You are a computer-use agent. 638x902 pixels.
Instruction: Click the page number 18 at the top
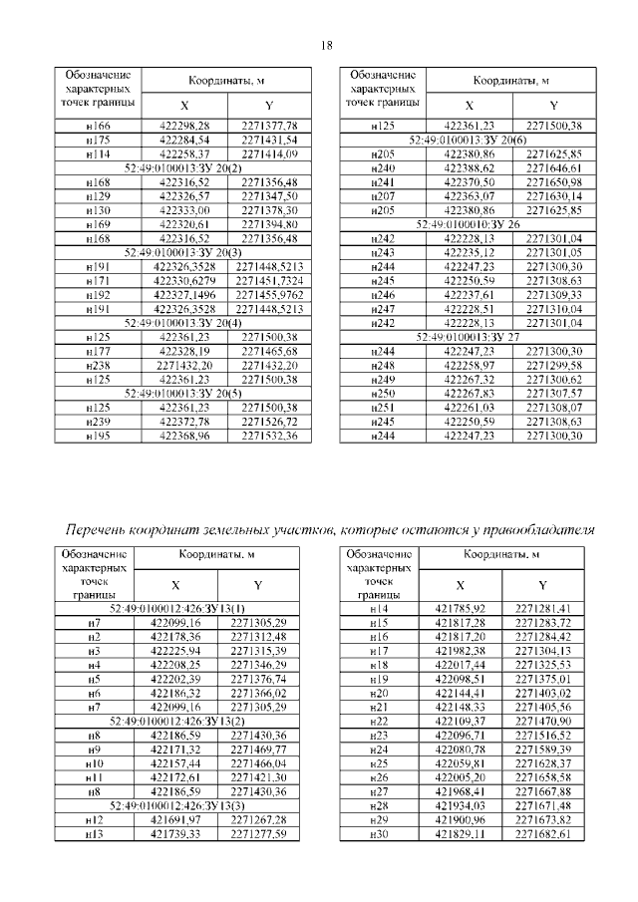pyautogui.click(x=324, y=45)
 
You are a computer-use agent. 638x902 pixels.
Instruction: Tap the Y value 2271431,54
pyautogui.click(x=269, y=141)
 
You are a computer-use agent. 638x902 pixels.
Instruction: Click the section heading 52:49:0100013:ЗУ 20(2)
pyautogui.click(x=183, y=168)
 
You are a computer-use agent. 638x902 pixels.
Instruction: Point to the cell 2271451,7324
pyautogui.click(x=269, y=282)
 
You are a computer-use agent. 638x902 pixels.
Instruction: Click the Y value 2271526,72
pyautogui.click(x=269, y=422)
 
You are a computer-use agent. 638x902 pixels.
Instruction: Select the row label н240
pyautogui.click(x=382, y=168)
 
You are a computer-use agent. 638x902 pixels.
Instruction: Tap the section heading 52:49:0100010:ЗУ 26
pyautogui.click(x=468, y=225)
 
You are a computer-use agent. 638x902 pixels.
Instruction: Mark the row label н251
pyautogui.click(x=382, y=408)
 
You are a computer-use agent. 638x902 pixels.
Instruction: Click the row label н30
pyautogui.click(x=378, y=832)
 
